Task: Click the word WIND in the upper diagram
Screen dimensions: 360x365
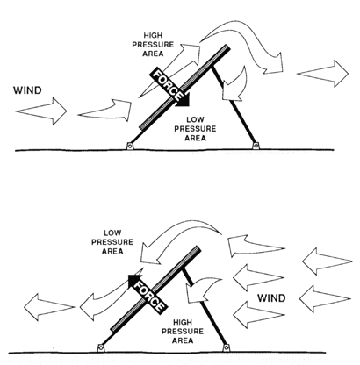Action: pyautogui.click(x=27, y=90)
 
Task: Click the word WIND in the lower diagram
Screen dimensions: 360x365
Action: pyautogui.click(x=271, y=298)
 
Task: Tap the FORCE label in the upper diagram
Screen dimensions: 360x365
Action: pyautogui.click(x=168, y=85)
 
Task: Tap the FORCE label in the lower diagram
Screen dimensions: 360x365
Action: pyautogui.click(x=149, y=297)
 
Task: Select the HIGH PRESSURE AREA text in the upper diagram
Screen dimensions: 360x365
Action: pyautogui.click(x=153, y=45)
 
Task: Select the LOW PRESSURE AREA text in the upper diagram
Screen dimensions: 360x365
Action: pyautogui.click(x=195, y=129)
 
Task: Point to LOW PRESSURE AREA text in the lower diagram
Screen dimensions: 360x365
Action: pyautogui.click(x=112, y=242)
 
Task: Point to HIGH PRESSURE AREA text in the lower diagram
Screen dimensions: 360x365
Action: pyautogui.click(x=183, y=332)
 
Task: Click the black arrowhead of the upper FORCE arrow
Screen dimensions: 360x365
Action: pyautogui.click(x=184, y=100)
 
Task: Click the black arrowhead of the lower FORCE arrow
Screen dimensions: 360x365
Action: pyautogui.click(x=134, y=280)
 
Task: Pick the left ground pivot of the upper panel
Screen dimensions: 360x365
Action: pyautogui.click(x=129, y=146)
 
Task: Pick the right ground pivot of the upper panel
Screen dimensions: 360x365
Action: pyautogui.click(x=256, y=145)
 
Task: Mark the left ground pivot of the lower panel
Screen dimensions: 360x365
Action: pyautogui.click(x=100, y=347)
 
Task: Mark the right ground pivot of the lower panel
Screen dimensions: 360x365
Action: pyautogui.click(x=226, y=347)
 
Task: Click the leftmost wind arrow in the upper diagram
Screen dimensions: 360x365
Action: pyautogui.click(x=41, y=111)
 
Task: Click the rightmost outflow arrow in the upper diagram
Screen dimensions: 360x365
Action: pyautogui.click(x=323, y=74)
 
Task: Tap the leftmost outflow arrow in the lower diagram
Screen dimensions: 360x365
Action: pyautogui.click(x=49, y=307)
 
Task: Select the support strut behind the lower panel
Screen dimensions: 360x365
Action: pyautogui.click(x=204, y=308)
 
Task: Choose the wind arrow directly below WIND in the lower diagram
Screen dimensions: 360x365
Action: pyautogui.click(x=259, y=315)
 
